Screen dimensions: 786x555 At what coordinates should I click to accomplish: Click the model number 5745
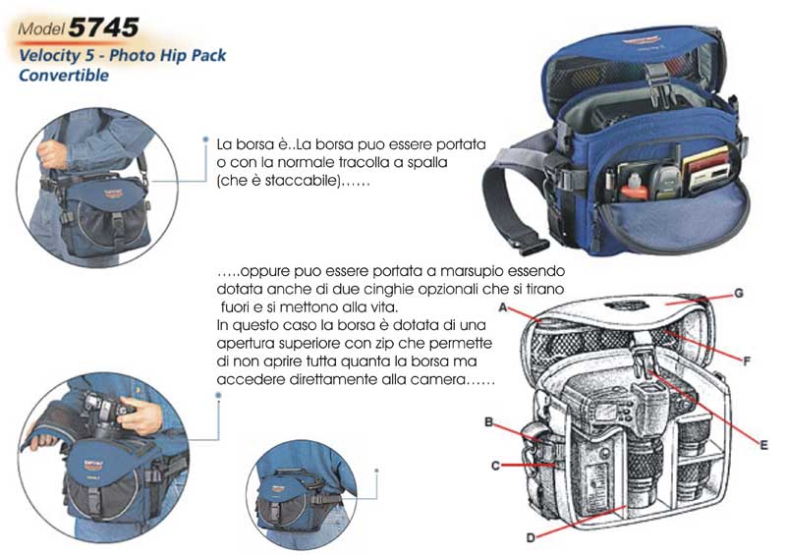[103, 28]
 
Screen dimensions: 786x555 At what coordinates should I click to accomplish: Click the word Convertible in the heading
[64, 76]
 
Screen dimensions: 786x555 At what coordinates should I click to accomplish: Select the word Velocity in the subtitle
[50, 55]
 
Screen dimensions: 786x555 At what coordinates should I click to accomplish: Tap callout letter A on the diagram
[503, 307]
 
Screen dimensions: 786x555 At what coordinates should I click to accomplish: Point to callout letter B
[488, 422]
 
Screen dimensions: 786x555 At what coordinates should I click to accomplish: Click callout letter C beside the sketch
[495, 466]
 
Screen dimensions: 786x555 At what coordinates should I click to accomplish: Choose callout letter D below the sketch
[531, 538]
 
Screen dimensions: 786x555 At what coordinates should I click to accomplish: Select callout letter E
[763, 445]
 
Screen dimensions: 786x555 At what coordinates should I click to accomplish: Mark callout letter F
[747, 361]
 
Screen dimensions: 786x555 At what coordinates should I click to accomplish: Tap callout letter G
[739, 294]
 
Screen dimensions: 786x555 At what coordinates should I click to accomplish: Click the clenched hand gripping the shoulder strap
[51, 154]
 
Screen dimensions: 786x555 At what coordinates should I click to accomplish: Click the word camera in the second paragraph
[437, 380]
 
